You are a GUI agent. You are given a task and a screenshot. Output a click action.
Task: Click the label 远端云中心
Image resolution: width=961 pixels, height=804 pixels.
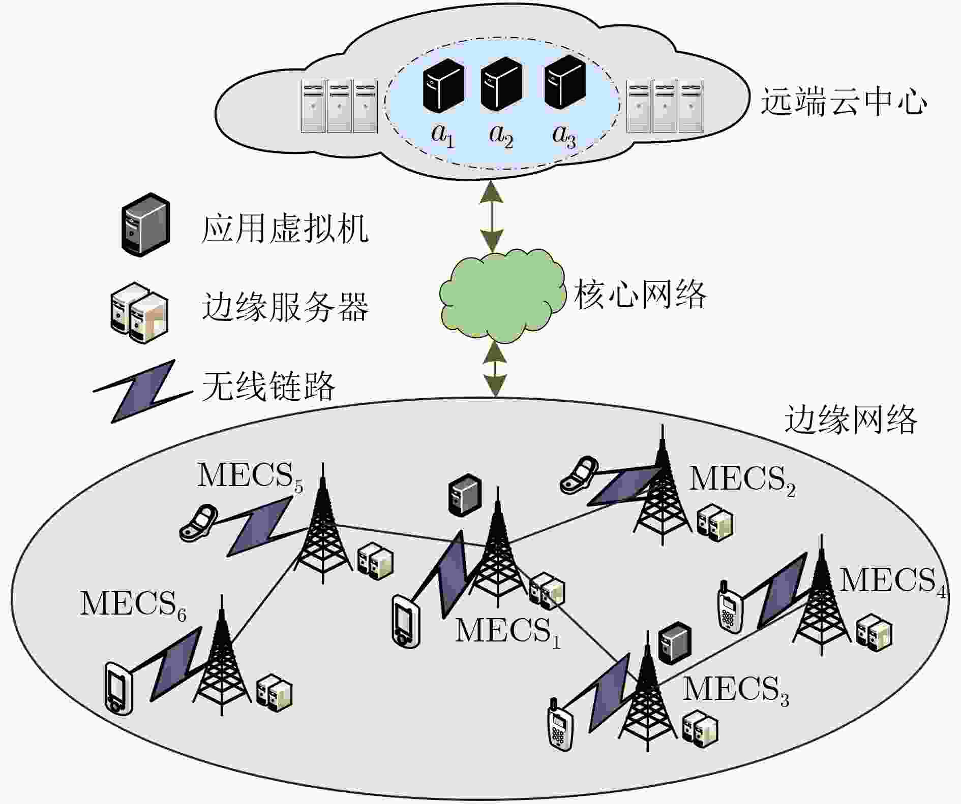point(843,102)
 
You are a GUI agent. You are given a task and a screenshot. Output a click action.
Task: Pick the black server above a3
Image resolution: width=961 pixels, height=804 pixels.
point(564,83)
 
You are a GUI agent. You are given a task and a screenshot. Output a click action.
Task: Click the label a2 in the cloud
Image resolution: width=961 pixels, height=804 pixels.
point(501,136)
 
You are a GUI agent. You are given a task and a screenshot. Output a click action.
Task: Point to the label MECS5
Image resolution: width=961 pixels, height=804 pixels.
point(250,476)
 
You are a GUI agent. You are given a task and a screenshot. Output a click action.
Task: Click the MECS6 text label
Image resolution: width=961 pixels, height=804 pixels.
point(133,605)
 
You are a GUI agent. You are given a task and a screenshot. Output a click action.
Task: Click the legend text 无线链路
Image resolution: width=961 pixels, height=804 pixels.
point(268,387)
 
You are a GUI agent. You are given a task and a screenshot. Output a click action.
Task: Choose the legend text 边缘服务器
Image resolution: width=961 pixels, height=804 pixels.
point(285,307)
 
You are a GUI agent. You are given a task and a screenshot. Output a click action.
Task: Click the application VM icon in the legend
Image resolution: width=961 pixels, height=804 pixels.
point(145,224)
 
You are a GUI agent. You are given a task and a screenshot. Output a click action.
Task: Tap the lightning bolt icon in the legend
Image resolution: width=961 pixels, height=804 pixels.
point(142,391)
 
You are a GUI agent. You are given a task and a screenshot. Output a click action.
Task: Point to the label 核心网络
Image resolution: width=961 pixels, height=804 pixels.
point(640,294)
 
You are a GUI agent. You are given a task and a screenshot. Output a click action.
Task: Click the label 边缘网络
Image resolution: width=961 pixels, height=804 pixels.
point(851,420)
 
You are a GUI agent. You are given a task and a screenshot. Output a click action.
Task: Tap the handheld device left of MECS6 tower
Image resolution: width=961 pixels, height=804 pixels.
point(119,688)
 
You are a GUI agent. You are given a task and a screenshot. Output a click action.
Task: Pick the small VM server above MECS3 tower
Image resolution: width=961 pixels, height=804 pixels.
point(675,642)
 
